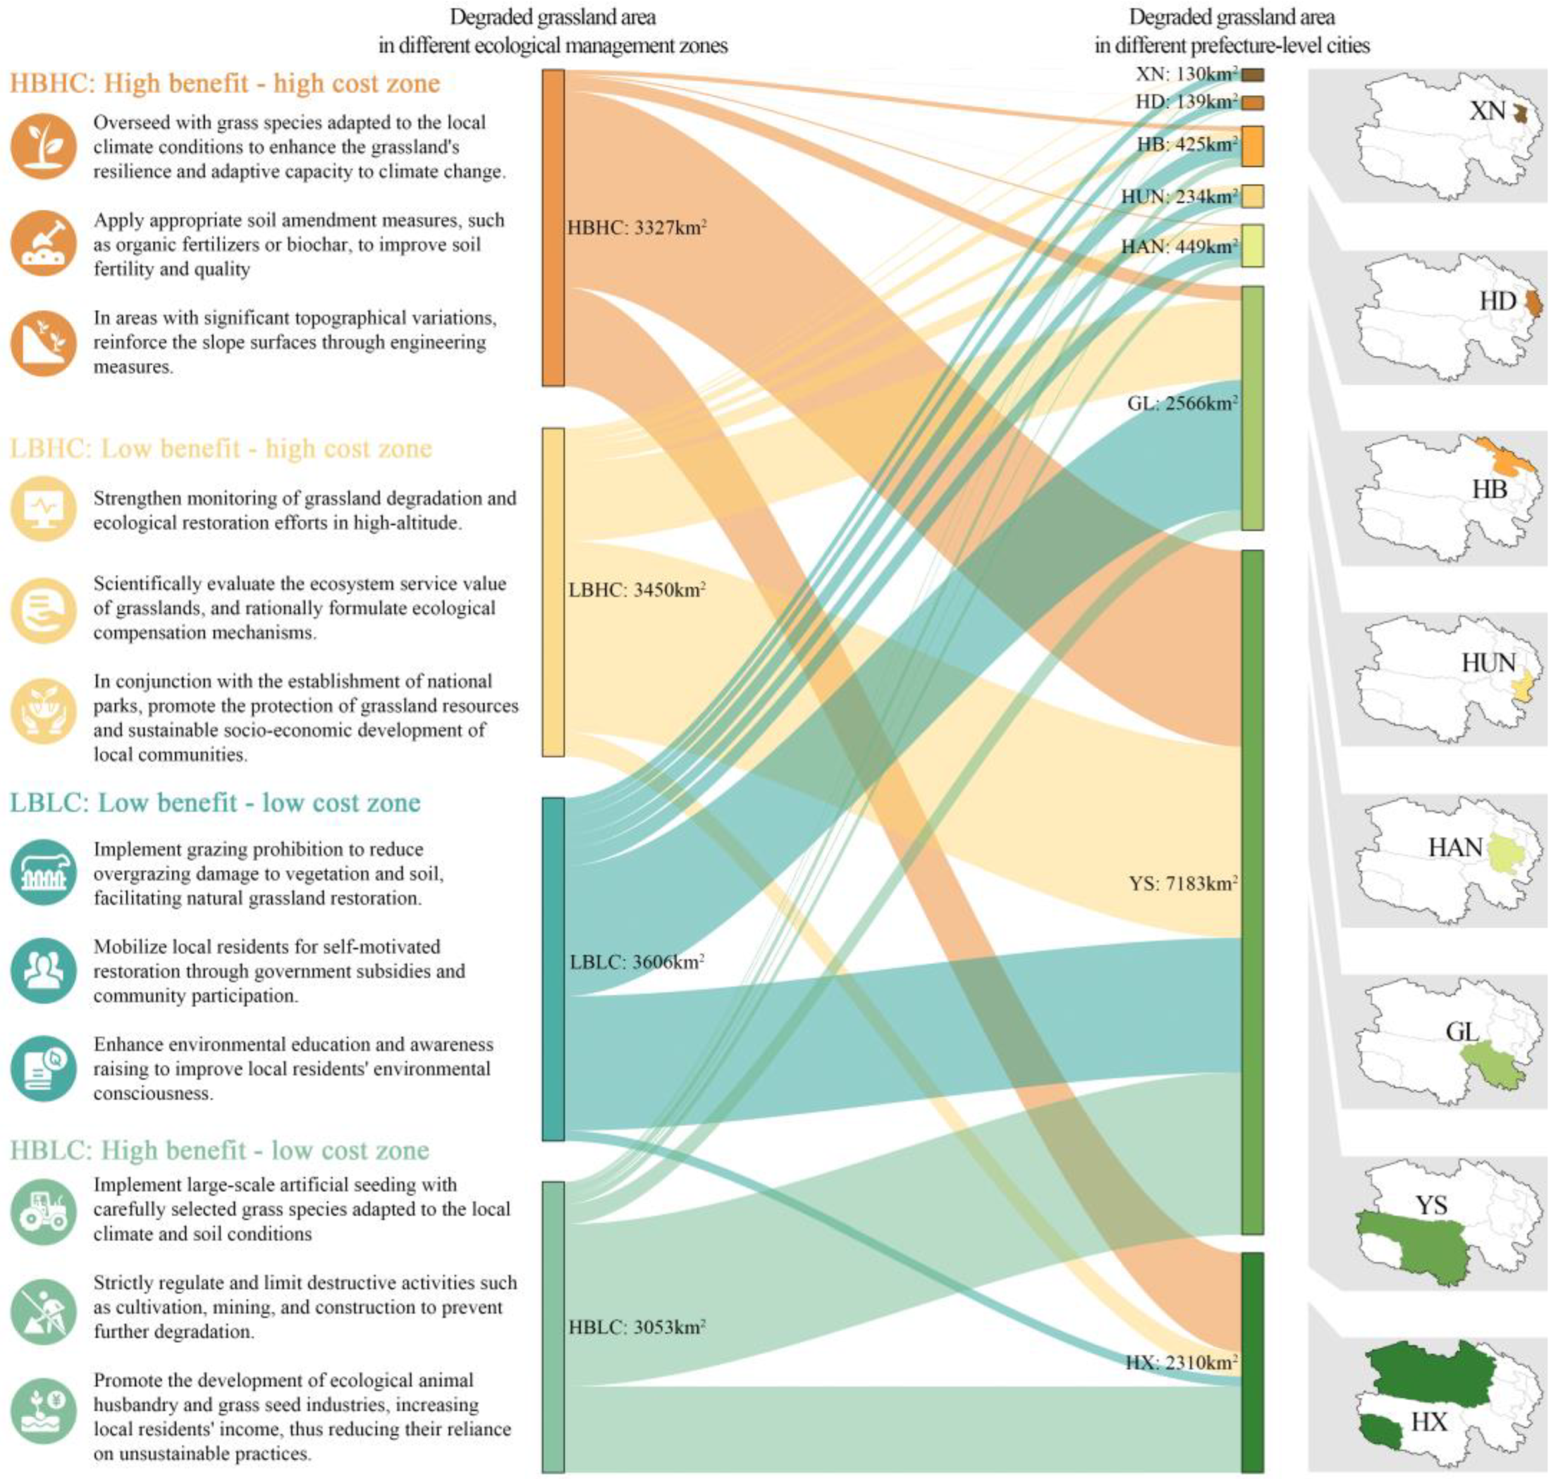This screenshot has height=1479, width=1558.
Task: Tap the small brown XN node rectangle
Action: click(x=1253, y=75)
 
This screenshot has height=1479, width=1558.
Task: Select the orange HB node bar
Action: click(x=1253, y=146)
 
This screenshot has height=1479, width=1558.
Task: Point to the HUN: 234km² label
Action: click(x=1180, y=196)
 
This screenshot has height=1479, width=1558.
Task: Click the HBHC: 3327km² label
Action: click(x=636, y=228)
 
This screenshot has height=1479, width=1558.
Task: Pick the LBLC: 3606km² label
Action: click(x=636, y=962)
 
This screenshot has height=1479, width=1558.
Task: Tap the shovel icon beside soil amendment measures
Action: click(x=44, y=244)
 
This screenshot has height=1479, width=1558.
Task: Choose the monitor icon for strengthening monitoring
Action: click(x=44, y=509)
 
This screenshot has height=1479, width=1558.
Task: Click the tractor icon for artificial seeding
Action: click(x=44, y=1212)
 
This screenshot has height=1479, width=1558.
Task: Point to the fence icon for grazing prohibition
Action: click(x=44, y=873)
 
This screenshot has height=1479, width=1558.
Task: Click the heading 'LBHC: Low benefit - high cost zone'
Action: click(x=221, y=449)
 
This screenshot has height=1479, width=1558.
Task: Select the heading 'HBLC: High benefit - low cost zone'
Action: click(x=219, y=1150)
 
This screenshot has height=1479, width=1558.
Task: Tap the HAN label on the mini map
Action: click(x=1455, y=848)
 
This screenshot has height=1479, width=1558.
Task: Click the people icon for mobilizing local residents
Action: click(x=44, y=970)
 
